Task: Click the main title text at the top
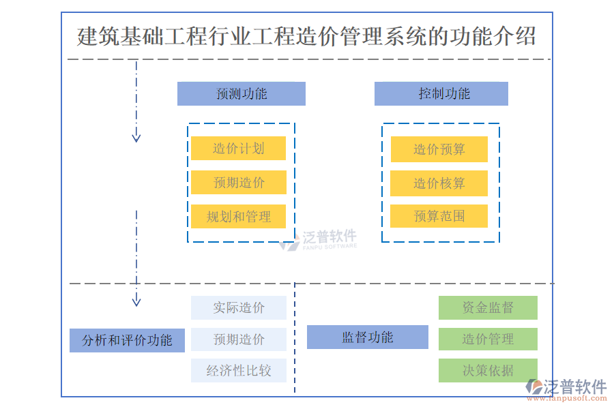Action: [306, 36]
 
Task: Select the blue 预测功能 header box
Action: [241, 94]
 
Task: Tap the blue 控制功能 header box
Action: [441, 94]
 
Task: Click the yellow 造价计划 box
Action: [238, 148]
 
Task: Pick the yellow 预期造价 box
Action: [238, 182]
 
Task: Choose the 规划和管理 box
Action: [238, 217]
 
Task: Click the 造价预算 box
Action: [439, 149]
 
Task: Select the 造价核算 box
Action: [439, 183]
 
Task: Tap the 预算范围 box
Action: [439, 216]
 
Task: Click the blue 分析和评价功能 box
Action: [127, 340]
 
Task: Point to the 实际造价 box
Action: [238, 307]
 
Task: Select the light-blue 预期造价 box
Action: [238, 339]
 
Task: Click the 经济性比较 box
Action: [238, 371]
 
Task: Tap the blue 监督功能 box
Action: [367, 337]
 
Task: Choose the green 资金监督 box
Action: [487, 307]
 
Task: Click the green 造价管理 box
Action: [487, 339]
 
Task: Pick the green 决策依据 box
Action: [487, 371]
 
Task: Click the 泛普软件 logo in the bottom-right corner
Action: [567, 389]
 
